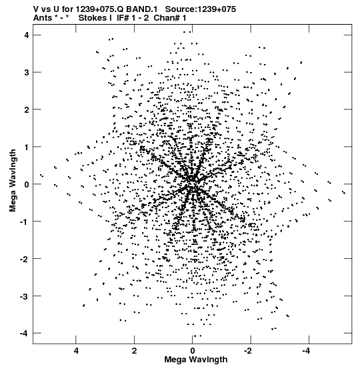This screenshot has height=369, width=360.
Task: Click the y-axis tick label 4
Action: (27, 35)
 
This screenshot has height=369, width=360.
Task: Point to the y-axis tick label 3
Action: (27, 73)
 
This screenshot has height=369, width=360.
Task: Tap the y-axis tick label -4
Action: (25, 333)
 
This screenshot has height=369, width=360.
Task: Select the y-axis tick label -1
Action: (25, 222)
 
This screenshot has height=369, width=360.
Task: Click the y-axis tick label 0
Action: (27, 184)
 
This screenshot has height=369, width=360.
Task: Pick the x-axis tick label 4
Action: (76, 351)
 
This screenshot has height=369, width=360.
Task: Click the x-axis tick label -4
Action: (307, 351)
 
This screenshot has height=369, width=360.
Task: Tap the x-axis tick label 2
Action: (134, 351)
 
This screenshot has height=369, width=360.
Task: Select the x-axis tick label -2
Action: (248, 351)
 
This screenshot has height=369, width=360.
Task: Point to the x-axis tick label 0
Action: (193, 351)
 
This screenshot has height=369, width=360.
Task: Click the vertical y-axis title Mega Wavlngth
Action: (13, 181)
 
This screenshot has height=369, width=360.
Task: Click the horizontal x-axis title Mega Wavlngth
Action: (196, 360)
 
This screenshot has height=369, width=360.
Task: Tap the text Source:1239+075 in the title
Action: (201, 9)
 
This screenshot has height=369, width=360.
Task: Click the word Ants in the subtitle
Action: (43, 18)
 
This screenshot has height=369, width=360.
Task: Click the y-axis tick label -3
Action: (25, 296)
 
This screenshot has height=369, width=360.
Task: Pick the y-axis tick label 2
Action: (27, 109)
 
